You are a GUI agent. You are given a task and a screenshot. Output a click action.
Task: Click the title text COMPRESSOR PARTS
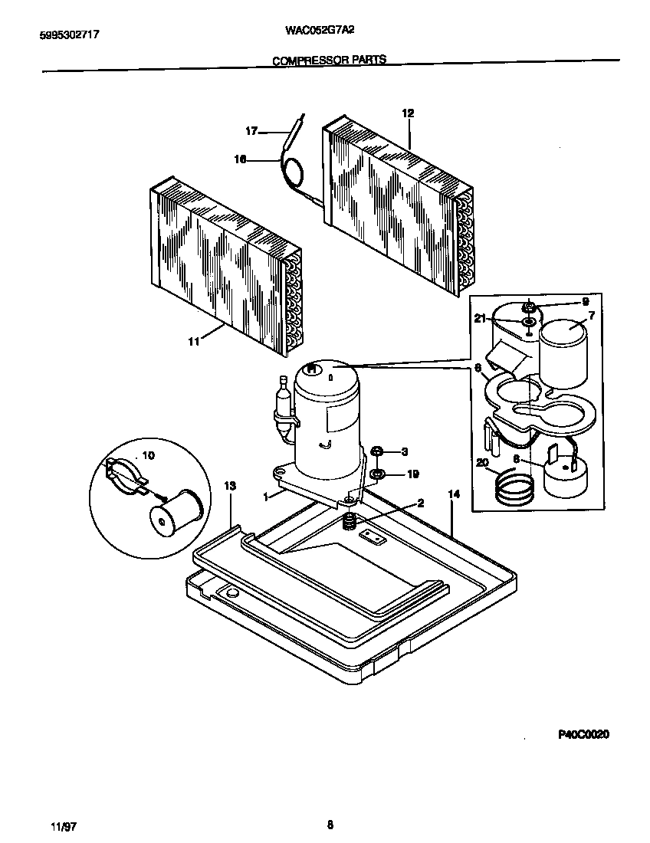pos(330,60)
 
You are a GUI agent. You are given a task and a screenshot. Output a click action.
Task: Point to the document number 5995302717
pos(68,34)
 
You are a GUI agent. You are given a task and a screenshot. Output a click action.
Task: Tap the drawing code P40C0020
pos(583,734)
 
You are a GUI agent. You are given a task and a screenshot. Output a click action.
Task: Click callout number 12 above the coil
pos(408,113)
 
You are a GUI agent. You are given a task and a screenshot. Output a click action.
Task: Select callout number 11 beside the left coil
pos(193,342)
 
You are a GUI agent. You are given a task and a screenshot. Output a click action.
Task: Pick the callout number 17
pos(251,131)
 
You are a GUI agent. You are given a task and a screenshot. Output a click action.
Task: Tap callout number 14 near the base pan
pos(453,495)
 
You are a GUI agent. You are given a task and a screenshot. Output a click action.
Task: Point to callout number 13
pos(230,486)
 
